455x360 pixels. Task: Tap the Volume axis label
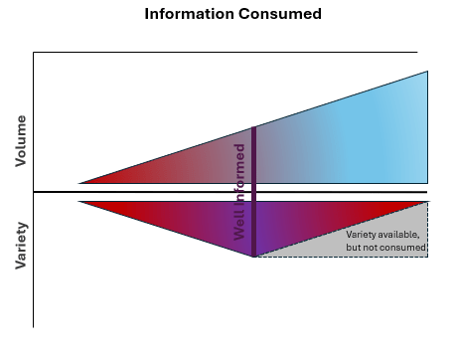tap(20, 140)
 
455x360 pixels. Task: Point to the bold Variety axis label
tap(20, 245)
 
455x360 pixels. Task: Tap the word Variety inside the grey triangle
tap(362, 234)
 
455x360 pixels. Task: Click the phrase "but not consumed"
tap(385, 247)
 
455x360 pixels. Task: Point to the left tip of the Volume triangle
tap(80, 183)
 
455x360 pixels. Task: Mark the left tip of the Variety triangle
tap(80, 202)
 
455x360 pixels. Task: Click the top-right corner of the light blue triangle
tap(427, 73)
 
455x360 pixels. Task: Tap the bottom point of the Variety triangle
tap(254, 257)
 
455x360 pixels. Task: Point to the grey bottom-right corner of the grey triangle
tap(425, 255)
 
